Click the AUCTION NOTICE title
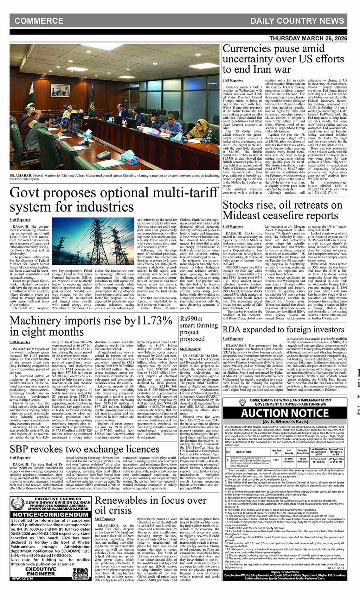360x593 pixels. tap(285, 413)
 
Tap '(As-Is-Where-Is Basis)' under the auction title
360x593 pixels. tap(285, 421)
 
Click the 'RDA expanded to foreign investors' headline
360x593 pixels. tap(283, 329)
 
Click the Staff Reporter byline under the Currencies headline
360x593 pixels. tap(233, 80)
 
